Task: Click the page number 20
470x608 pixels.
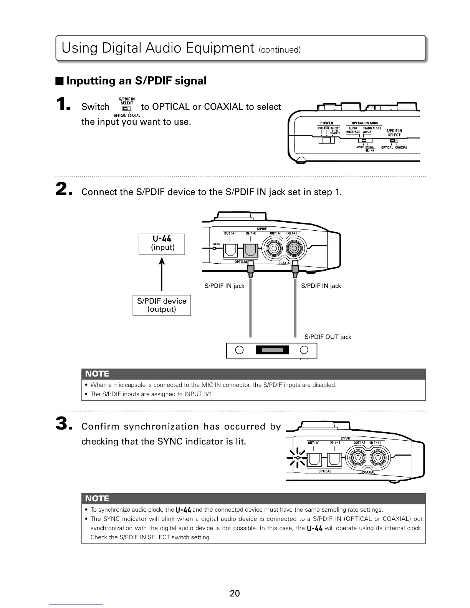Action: (x=235, y=593)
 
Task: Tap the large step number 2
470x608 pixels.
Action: (x=63, y=189)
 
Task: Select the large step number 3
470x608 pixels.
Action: (x=63, y=424)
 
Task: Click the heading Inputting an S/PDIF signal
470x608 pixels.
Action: (x=136, y=81)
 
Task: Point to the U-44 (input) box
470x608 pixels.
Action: (x=162, y=244)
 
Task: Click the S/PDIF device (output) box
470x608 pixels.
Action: (x=162, y=305)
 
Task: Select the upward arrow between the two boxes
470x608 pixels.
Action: (x=162, y=274)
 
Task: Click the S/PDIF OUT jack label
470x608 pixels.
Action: (x=328, y=337)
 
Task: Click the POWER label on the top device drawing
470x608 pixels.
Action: (x=327, y=123)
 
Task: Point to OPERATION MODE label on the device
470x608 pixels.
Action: (x=365, y=123)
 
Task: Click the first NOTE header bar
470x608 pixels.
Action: (x=253, y=374)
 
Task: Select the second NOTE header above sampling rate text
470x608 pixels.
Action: (x=253, y=499)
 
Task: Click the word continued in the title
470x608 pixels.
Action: (x=280, y=50)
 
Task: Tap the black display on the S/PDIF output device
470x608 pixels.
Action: (x=272, y=350)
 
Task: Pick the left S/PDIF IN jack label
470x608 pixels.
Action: (x=224, y=286)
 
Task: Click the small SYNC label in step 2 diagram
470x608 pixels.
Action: (x=217, y=244)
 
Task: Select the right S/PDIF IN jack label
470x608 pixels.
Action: (x=321, y=286)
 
